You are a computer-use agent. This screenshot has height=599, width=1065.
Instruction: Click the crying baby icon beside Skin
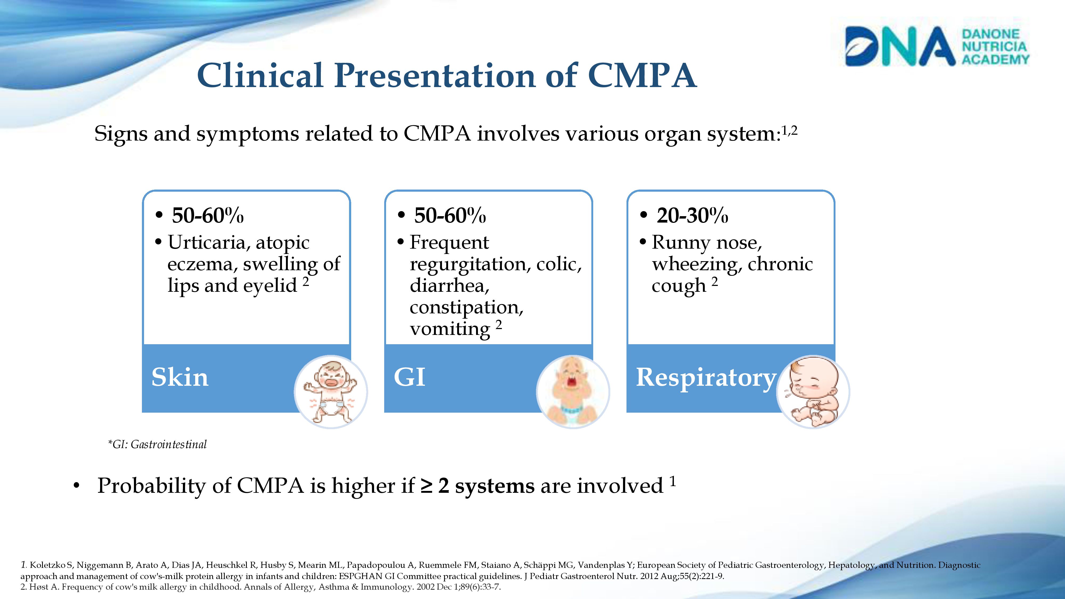pyautogui.click(x=331, y=391)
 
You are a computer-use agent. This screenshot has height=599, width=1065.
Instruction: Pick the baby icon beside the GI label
pyautogui.click(x=573, y=391)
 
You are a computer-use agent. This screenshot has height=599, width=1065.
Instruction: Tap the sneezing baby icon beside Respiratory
pyautogui.click(x=813, y=391)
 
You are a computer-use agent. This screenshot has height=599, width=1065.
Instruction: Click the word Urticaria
pyautogui.click(x=209, y=243)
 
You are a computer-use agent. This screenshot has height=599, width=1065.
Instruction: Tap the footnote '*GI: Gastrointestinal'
pyautogui.click(x=157, y=444)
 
